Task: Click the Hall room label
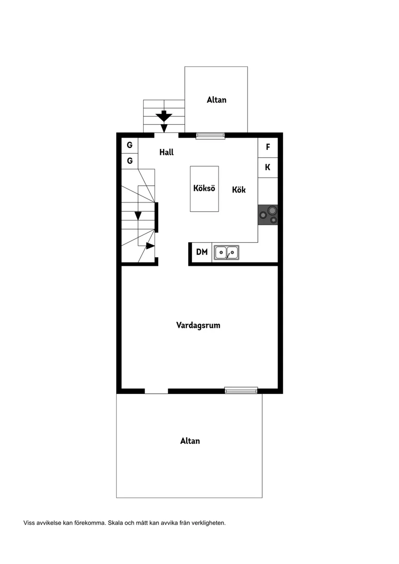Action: (166, 152)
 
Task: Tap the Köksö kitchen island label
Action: (204, 188)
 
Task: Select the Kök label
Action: (239, 189)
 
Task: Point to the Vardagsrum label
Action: (198, 325)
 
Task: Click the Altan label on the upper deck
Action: (216, 100)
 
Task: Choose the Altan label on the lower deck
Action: (190, 441)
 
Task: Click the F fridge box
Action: (267, 147)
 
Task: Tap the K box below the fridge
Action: (267, 168)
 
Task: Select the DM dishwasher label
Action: (202, 252)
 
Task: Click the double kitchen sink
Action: (226, 252)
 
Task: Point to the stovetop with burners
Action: (268, 215)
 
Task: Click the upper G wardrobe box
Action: (130, 145)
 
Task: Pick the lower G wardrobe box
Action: (130, 161)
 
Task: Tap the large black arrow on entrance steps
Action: (164, 116)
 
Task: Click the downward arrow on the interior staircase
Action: (138, 216)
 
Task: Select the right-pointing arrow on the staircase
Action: (150, 246)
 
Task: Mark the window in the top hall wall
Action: (210, 136)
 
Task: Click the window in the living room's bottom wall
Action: (241, 390)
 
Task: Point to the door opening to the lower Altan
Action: (156, 391)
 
